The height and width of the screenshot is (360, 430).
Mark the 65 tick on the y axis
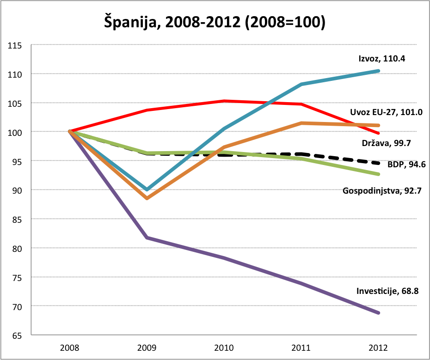point(17,335)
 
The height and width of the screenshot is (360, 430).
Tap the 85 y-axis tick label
point(17,219)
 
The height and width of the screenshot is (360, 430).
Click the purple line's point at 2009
point(147,238)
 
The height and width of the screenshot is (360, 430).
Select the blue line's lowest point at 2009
point(147,189)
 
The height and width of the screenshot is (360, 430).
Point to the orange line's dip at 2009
point(147,198)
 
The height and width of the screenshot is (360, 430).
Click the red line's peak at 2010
point(224,101)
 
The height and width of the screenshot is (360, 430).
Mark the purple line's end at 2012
point(379,313)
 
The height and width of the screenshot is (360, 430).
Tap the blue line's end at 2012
point(379,71)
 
